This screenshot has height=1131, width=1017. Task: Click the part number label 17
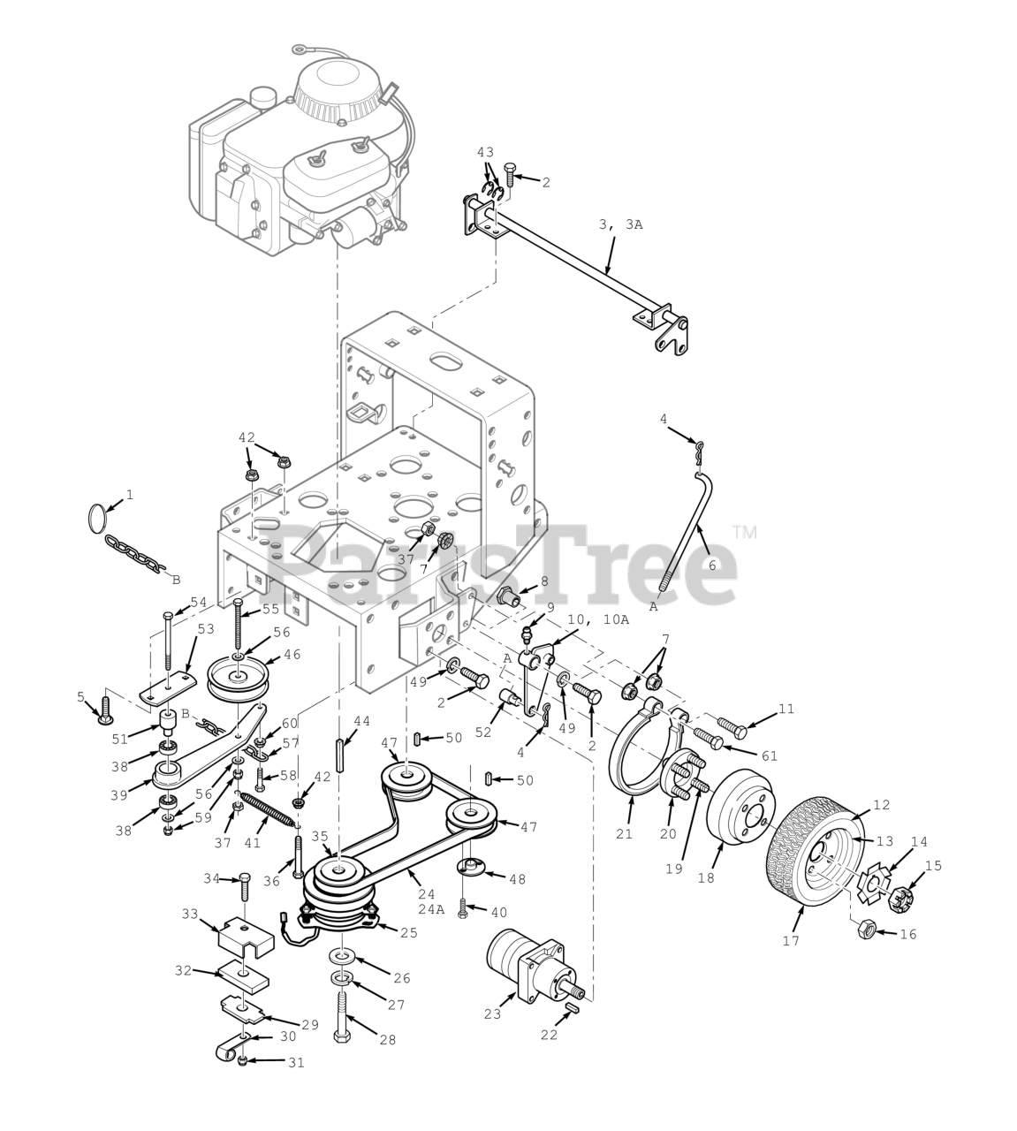pyautogui.click(x=792, y=940)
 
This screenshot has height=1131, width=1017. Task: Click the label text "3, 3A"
pyautogui.click(x=620, y=225)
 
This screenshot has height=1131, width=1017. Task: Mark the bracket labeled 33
pyautogui.click(x=246, y=937)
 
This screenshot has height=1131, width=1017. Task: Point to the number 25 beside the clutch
pyautogui.click(x=409, y=933)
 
